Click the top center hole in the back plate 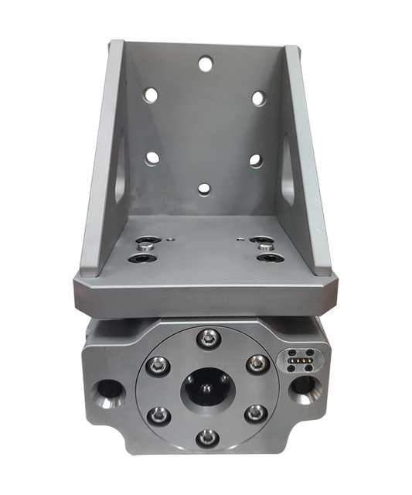coord(205,63)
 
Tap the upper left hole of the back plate coord(151,95)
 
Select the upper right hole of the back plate coord(258,98)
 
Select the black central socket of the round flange coord(206,388)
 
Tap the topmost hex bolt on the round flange coord(206,336)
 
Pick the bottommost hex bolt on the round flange coord(206,438)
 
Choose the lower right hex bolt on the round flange coord(256,413)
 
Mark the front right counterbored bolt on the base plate coord(268,258)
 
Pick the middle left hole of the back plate coord(152,158)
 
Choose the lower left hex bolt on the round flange coord(158,414)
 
